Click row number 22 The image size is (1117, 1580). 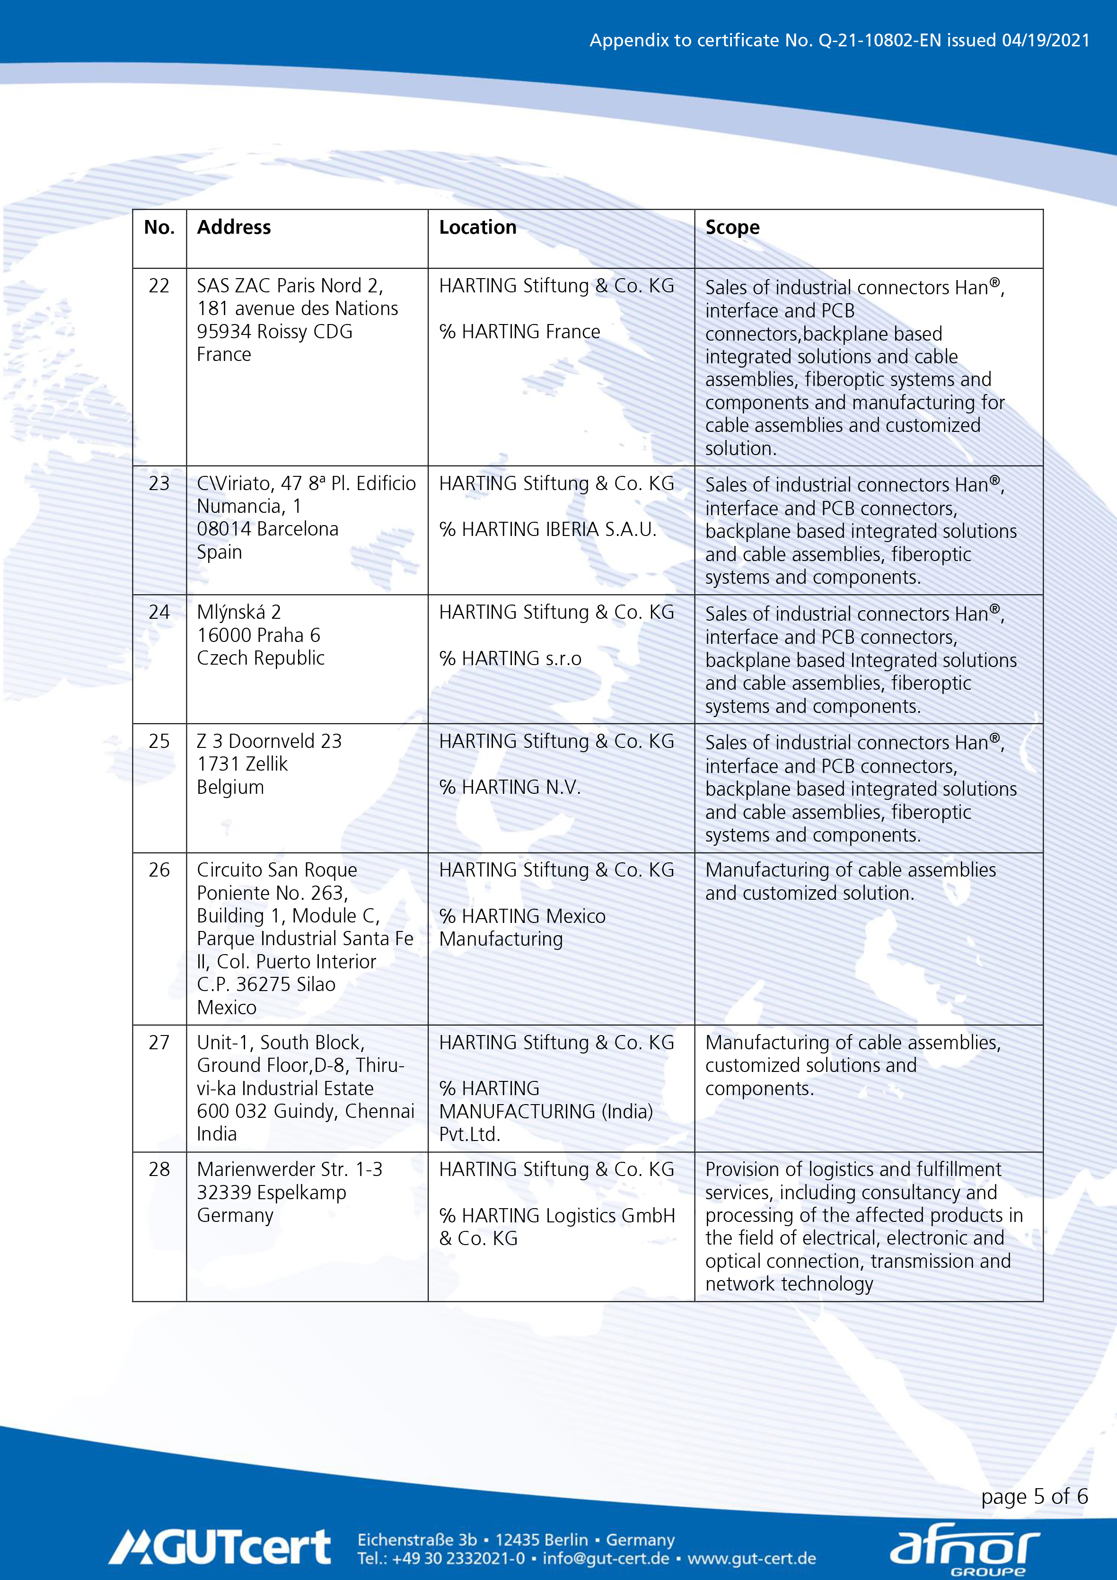tap(159, 286)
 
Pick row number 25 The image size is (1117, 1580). tap(159, 741)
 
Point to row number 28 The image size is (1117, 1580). tap(159, 1169)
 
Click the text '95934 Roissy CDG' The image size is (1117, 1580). tap(274, 332)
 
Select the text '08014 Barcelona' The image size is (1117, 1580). tap(268, 529)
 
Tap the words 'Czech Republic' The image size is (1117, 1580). tap(260, 658)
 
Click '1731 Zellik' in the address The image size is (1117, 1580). tap(242, 764)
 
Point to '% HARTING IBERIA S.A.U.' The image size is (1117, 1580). tap(548, 529)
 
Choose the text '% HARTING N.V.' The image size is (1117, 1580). tap(510, 787)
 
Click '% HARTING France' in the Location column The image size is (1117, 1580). tap(519, 332)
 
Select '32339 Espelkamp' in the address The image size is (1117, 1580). tap(271, 1193)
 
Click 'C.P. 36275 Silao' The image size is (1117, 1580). tap(266, 985)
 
